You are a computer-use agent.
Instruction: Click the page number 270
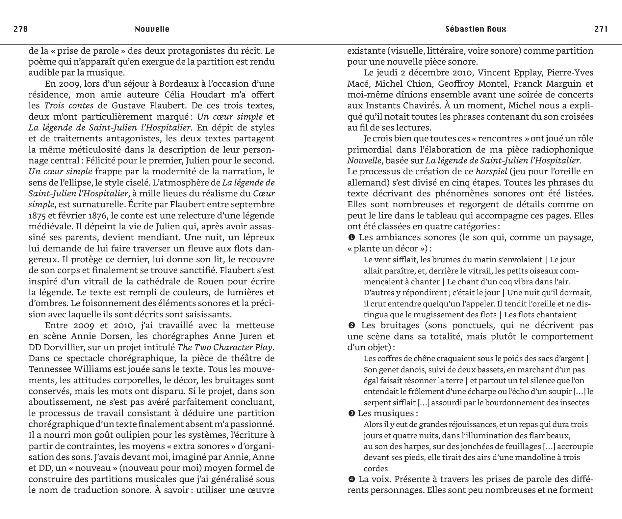(20, 29)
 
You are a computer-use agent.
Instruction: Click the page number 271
(601, 29)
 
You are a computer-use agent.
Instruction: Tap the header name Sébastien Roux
(476, 29)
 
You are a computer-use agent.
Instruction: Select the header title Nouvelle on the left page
(152, 29)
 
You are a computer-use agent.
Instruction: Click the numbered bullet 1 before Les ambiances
(351, 237)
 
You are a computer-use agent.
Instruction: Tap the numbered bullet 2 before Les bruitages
(351, 326)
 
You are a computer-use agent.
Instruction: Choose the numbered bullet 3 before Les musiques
(351, 413)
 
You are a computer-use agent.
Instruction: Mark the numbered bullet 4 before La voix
(351, 479)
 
